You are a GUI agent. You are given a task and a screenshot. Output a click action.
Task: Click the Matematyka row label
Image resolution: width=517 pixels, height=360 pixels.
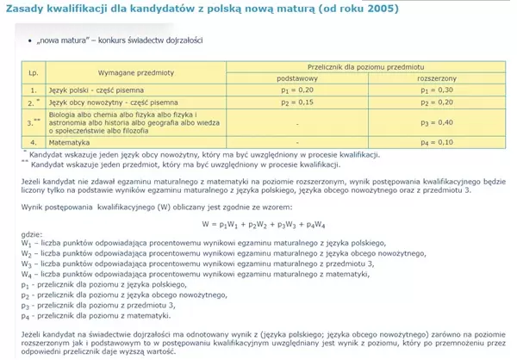coord(72,141)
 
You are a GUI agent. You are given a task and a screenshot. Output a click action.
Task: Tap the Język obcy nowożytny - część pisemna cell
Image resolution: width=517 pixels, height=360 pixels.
coord(108,101)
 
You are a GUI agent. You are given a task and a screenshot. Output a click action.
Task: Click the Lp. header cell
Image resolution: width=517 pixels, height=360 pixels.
coord(34,72)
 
